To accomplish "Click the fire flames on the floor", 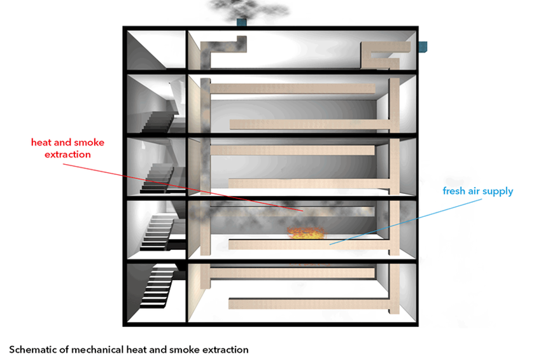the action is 306,233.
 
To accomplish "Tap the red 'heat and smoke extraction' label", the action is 67,148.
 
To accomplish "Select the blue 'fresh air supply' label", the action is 478,191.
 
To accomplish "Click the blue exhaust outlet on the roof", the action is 241,22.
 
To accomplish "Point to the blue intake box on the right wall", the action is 423,46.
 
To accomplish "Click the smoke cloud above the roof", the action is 248,9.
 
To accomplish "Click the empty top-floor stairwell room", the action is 157,50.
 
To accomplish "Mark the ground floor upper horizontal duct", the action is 292,273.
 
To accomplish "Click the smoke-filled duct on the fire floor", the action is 292,211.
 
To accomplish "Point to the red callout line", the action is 183,187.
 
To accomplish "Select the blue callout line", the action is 405,222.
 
